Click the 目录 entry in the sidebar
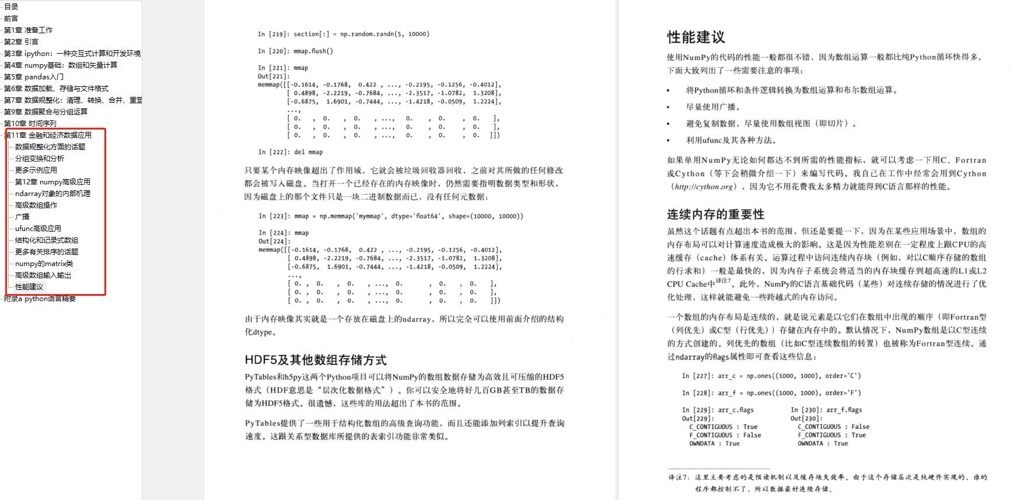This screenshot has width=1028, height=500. coord(11,7)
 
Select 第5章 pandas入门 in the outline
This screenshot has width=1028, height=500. coord(34,77)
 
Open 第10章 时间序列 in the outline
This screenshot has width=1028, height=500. coord(30,124)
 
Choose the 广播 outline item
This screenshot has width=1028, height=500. coord(22,217)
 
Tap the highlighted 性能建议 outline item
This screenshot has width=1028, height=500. coord(29,287)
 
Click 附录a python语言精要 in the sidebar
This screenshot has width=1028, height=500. coord(40,299)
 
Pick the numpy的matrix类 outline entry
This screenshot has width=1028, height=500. coord(44,264)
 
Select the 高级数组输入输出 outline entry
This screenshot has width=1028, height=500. coord(43,275)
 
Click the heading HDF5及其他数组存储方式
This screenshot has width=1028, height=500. coord(316,360)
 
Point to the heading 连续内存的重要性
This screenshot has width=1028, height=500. coord(715,214)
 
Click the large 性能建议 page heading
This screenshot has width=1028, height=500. coord(696,37)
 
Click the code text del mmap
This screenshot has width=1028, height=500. coord(308,152)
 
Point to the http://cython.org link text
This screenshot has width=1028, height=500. coord(703,187)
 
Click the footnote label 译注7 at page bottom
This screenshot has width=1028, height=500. coord(679,477)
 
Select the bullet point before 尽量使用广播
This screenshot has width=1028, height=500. coord(669,107)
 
